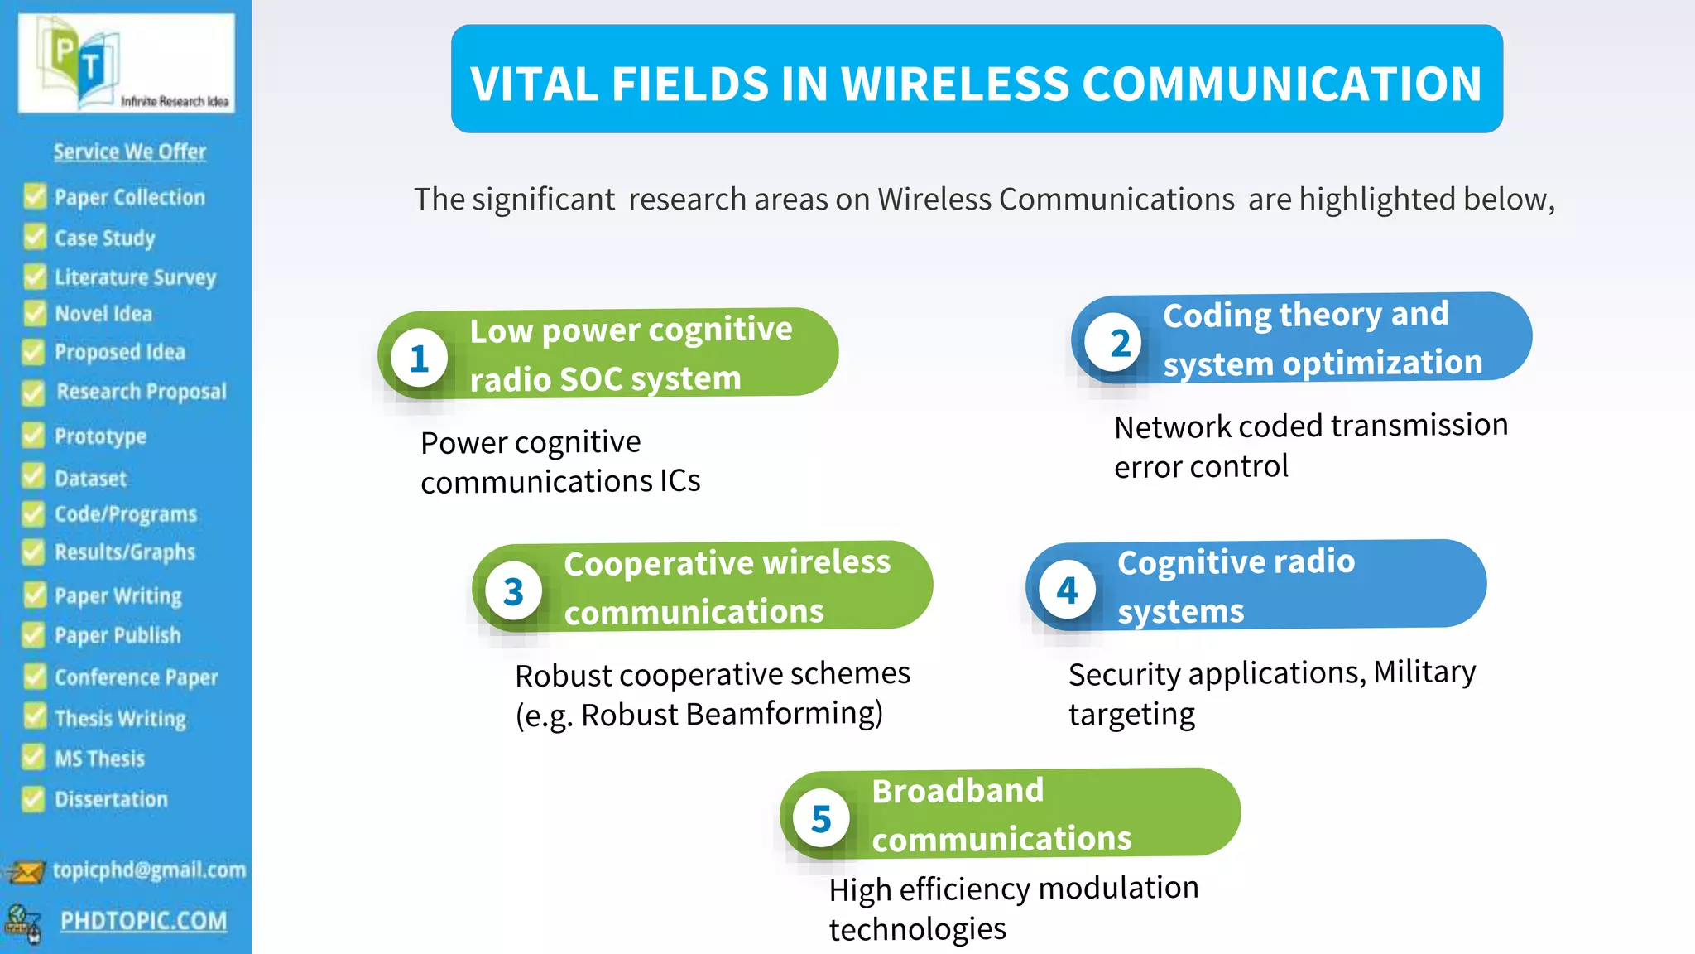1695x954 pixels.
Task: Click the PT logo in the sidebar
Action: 126,64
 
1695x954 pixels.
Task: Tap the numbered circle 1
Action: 420,359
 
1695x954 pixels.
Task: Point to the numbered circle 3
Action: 513,591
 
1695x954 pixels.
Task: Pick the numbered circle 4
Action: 1067,590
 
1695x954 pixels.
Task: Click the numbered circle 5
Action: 820,819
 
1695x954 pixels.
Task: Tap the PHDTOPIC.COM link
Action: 143,921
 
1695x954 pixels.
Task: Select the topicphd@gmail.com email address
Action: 149,870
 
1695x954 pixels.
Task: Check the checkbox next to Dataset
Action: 34,477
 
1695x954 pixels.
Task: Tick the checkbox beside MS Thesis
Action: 34,757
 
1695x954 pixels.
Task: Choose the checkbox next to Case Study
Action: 34,237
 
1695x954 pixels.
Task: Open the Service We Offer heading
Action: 130,152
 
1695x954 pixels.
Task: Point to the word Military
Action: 1424,672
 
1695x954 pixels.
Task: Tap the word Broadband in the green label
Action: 958,791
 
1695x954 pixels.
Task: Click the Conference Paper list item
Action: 136,677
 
